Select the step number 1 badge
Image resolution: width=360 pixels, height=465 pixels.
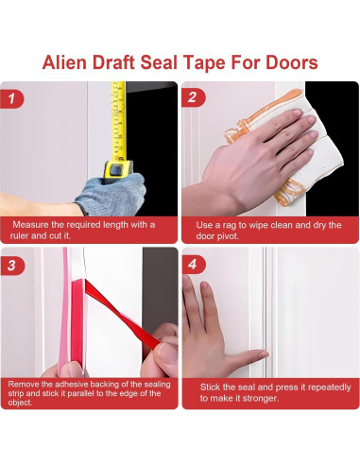click(11, 98)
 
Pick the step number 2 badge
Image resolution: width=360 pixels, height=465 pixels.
click(193, 97)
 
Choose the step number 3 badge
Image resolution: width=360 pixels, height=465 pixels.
click(12, 265)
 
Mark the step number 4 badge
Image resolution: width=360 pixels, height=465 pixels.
click(194, 264)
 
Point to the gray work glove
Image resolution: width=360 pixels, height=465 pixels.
click(111, 194)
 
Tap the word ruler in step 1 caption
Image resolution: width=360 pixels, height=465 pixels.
click(20, 235)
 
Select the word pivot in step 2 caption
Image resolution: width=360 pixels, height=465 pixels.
click(230, 236)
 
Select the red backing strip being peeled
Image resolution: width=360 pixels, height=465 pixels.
click(122, 316)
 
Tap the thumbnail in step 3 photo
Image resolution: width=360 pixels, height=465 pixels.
click(168, 353)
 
